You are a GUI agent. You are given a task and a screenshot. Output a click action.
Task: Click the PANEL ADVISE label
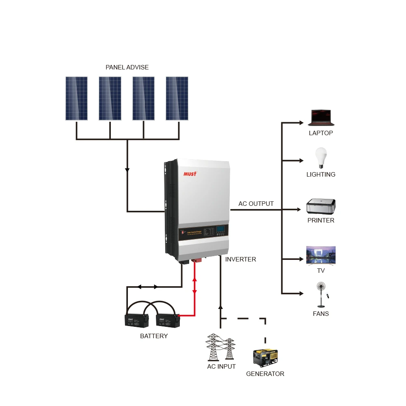(x=127, y=67)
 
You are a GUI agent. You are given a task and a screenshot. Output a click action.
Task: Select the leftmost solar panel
(x=76, y=99)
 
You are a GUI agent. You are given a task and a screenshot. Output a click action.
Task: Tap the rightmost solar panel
(x=177, y=99)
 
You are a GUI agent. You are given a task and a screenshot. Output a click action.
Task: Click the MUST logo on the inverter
(x=190, y=174)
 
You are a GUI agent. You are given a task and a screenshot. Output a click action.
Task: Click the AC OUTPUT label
(x=256, y=204)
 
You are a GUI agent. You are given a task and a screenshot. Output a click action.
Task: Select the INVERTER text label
(x=241, y=259)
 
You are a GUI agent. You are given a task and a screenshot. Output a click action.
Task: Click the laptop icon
(x=321, y=117)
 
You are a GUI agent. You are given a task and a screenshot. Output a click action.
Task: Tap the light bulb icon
(x=321, y=158)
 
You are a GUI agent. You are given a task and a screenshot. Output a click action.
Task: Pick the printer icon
(x=321, y=206)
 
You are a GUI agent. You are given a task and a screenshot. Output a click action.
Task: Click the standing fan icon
(x=322, y=295)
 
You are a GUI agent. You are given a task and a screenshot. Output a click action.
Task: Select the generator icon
(x=266, y=358)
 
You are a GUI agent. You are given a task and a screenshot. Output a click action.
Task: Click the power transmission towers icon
(x=221, y=347)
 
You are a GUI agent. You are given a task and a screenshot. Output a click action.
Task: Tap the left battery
(x=137, y=320)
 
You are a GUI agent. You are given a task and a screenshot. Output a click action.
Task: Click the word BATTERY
(x=154, y=336)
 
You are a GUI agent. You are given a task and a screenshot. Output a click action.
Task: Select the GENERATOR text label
(x=265, y=374)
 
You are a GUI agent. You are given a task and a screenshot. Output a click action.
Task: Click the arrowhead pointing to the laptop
(x=301, y=123)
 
